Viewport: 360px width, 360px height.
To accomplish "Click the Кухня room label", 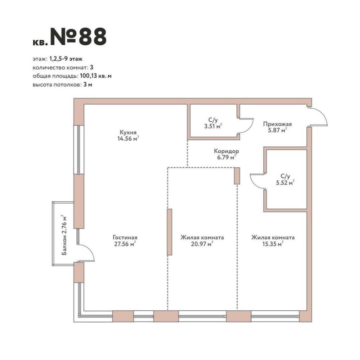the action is [128, 132].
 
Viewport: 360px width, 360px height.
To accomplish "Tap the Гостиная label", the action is [125, 237].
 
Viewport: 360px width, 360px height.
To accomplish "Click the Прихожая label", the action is [277, 124].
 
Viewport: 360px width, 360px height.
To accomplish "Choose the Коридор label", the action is [226, 151].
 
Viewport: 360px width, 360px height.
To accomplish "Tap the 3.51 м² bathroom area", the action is [213, 126].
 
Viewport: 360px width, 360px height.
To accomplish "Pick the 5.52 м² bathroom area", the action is [285, 183].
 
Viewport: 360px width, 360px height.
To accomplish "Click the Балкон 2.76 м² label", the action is [64, 235].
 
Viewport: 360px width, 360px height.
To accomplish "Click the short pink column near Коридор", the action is [237, 176].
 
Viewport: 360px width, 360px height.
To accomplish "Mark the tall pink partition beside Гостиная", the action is [170, 232].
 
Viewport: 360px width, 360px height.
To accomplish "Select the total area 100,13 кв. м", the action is [96, 76].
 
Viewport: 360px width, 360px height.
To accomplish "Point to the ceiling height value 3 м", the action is [88, 85].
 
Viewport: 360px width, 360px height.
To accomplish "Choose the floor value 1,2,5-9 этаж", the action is [66, 59].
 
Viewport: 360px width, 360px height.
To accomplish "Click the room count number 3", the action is [91, 68].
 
